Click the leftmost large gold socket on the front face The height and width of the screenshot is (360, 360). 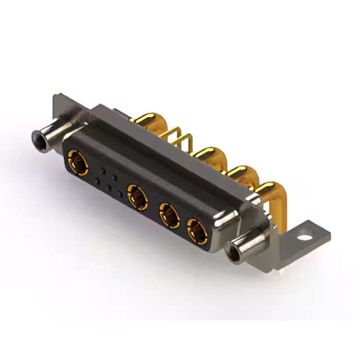[x=77, y=161]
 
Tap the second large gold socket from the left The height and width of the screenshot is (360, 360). [x=137, y=197]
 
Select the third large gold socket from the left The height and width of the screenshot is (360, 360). [x=168, y=215]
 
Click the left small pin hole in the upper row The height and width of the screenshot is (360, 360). [x=102, y=169]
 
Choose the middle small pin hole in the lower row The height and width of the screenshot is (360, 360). [x=109, y=188]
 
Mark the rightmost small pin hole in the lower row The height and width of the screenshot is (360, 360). [x=119, y=194]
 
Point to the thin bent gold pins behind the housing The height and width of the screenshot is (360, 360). [x=179, y=138]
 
